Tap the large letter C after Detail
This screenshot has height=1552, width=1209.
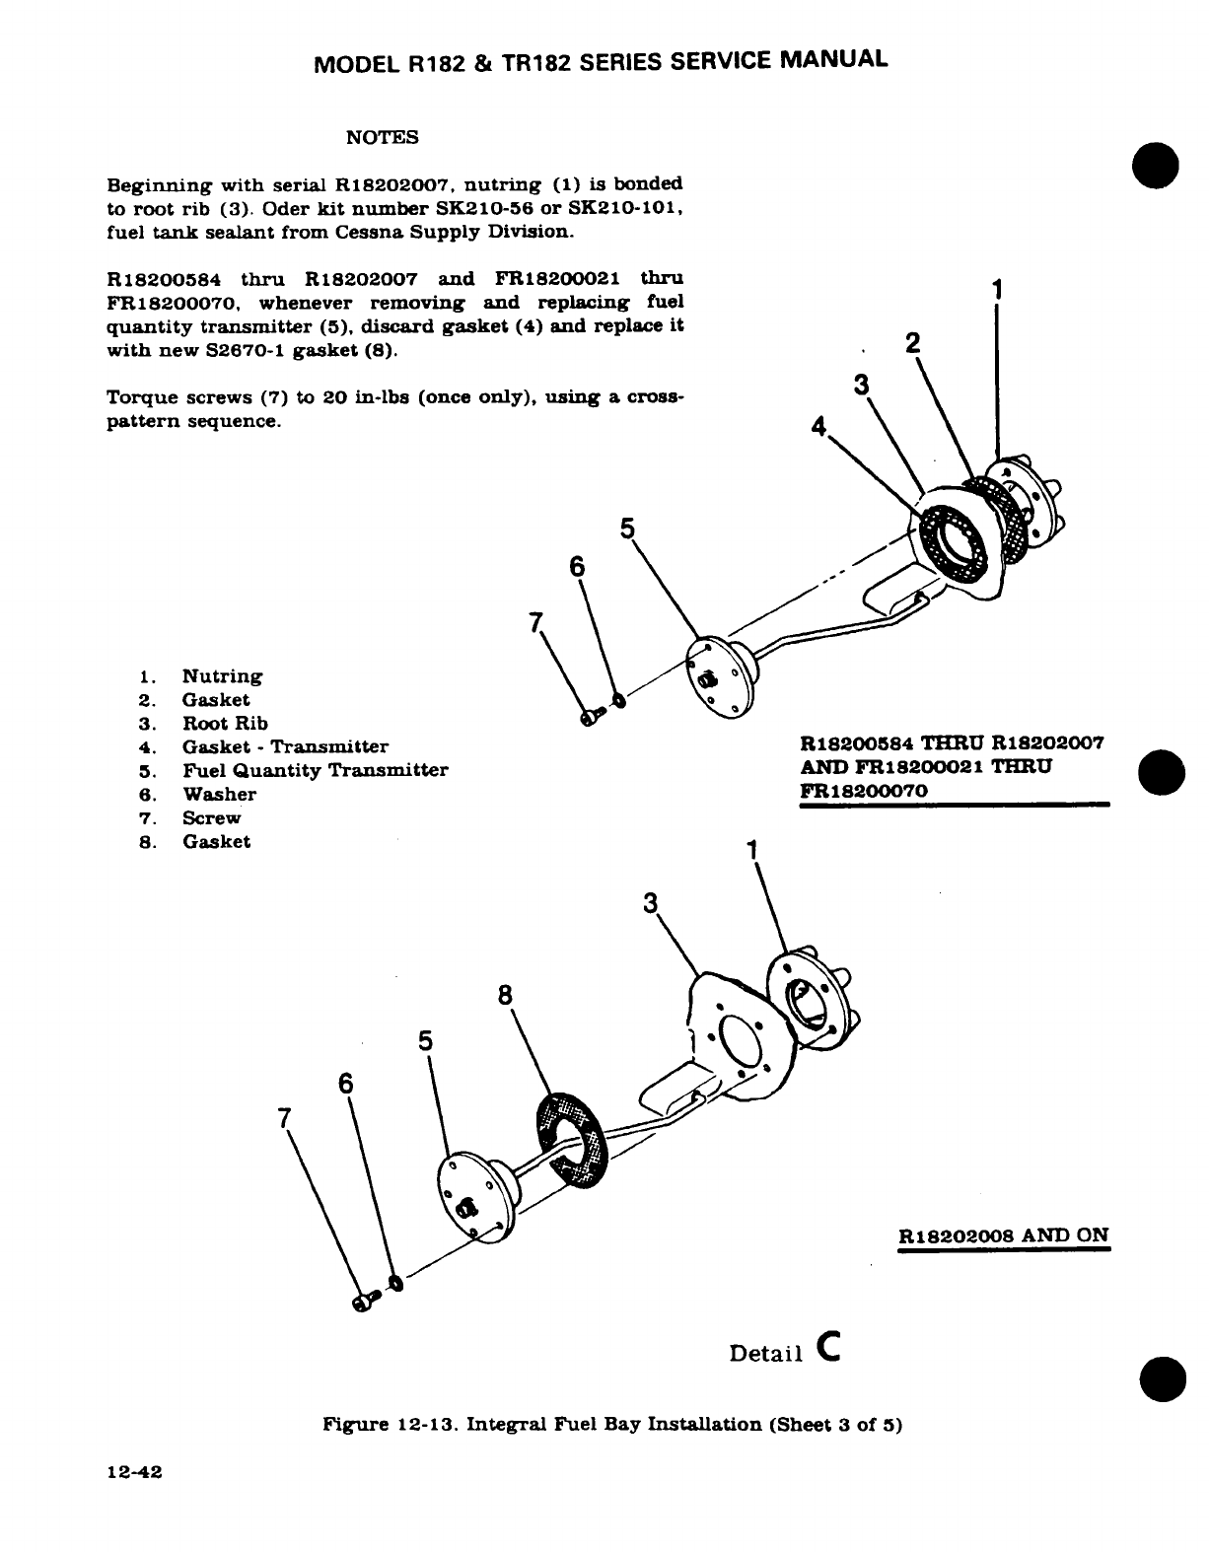(827, 1348)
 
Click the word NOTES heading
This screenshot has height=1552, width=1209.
(383, 137)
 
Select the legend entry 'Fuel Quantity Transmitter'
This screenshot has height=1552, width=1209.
(315, 770)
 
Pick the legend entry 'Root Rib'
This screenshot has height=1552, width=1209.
(225, 723)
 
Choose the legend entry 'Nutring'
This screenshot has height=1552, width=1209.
(222, 675)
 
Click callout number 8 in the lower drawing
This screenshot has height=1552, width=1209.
(506, 996)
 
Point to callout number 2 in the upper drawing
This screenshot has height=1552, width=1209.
(912, 342)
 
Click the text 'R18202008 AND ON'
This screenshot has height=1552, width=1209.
(1004, 1235)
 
